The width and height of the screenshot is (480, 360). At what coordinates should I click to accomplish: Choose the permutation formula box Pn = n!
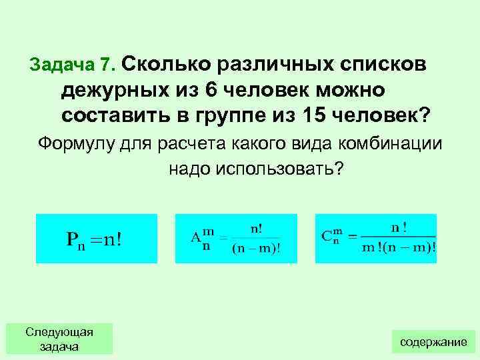click(96, 239)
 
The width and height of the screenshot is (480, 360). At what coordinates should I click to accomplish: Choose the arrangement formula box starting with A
click(233, 239)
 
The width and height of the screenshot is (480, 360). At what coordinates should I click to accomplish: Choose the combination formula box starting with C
click(375, 239)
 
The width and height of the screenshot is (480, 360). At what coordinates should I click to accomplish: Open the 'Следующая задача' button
click(59, 339)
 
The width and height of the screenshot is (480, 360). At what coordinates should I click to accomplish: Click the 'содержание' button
click(433, 341)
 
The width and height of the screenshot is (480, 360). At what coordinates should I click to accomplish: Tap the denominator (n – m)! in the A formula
click(256, 249)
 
